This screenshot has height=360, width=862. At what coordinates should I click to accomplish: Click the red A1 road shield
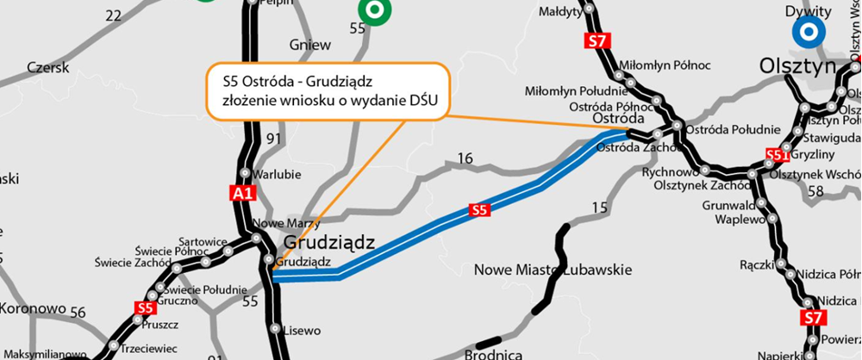(245, 195)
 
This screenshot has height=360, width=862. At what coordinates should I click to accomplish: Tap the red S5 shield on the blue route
(480, 209)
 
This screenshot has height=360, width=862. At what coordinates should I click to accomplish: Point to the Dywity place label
(807, 11)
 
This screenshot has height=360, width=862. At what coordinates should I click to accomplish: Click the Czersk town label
(47, 66)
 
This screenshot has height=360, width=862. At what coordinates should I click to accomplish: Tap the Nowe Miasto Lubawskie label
(553, 270)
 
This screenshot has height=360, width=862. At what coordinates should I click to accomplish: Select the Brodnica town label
(493, 354)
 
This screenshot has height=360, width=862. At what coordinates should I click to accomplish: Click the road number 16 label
(465, 158)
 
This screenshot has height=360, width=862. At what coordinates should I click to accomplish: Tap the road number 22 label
(113, 16)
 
